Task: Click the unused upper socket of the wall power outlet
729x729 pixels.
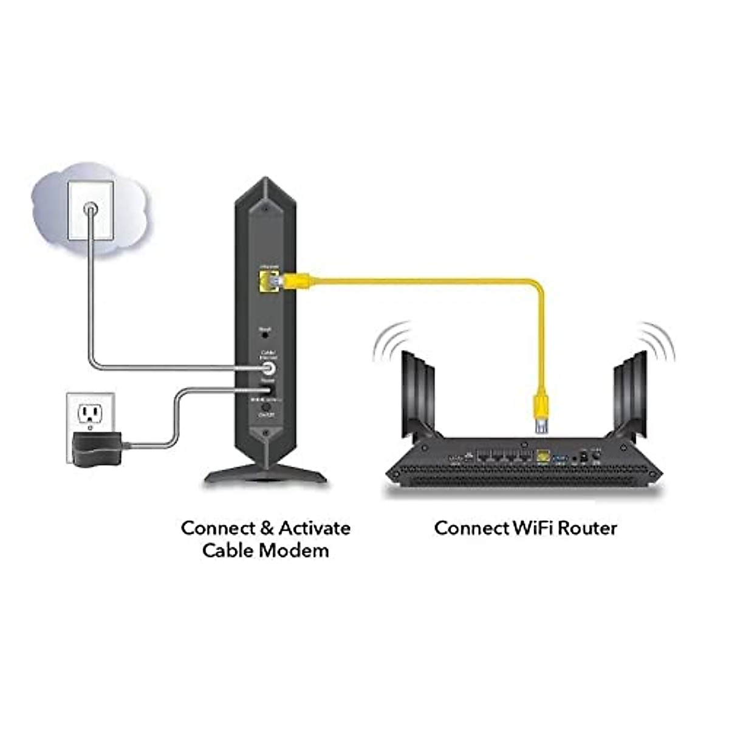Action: coord(90,414)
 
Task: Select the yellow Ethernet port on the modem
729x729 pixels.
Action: coord(265,281)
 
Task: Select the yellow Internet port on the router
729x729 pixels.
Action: coord(543,455)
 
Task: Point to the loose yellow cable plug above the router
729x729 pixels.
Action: coord(541,413)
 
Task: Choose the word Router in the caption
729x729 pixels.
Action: coord(587,528)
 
